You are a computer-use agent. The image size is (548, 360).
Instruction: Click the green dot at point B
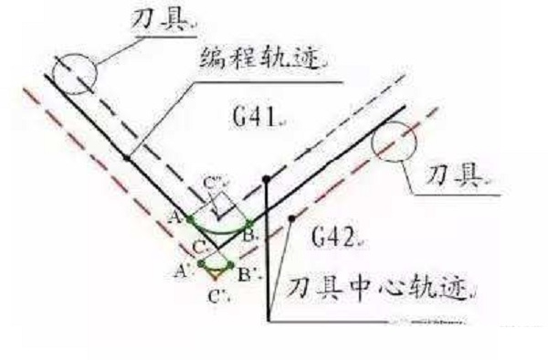[x=250, y=221]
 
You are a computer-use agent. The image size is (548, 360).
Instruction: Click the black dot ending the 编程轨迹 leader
[x=126, y=158]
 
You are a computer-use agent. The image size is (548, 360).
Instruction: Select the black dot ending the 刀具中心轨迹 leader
[x=290, y=218]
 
